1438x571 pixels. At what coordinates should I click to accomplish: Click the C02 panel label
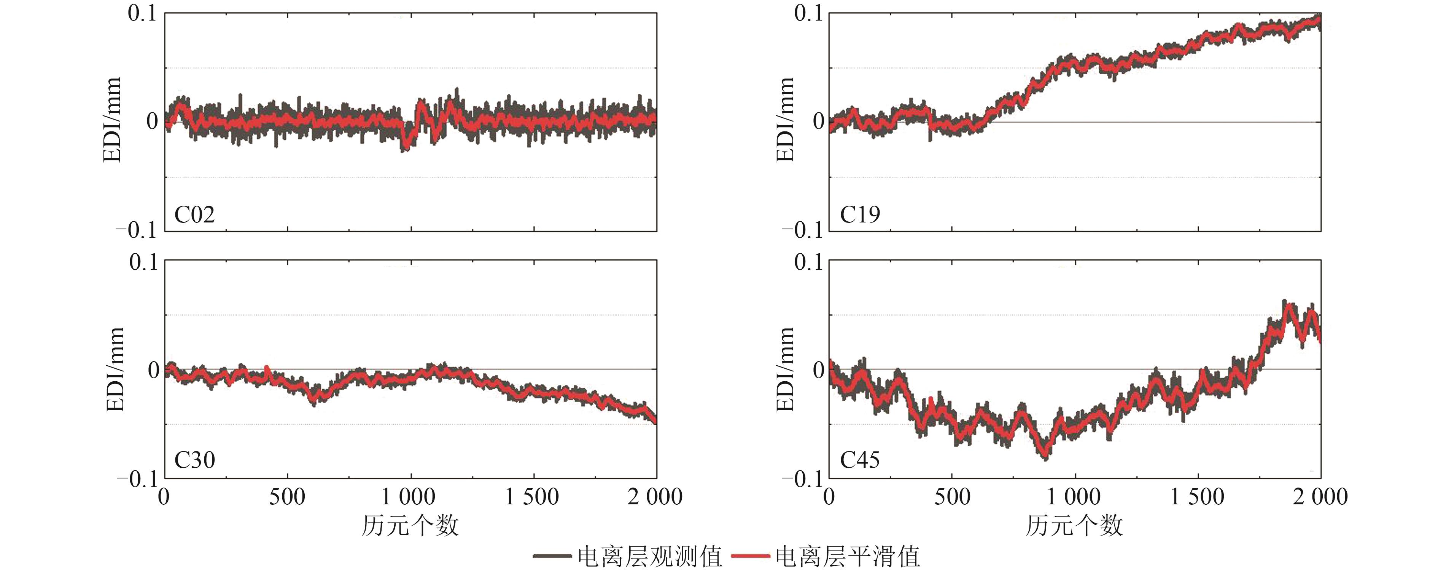coord(194,214)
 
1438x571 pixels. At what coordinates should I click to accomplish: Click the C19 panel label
coord(860,214)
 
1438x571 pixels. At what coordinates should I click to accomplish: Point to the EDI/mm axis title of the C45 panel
coord(785,370)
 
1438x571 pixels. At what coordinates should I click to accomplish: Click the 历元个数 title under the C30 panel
coord(410,526)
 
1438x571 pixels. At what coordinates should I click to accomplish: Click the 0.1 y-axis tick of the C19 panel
coord(808,13)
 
